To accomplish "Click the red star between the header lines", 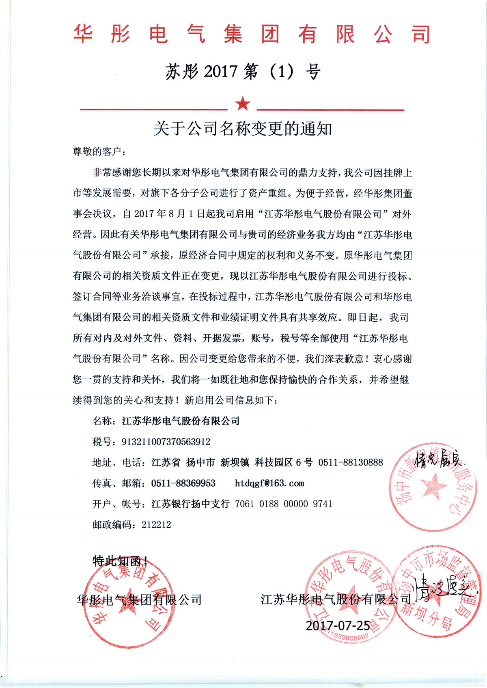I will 243,104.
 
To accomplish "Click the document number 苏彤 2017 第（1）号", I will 243,72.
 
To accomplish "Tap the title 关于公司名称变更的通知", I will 243,129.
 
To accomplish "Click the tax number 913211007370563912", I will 166,442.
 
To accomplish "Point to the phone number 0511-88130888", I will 350,462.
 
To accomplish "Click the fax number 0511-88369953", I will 183,483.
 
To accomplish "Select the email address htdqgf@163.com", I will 269,483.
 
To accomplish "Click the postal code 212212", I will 156,524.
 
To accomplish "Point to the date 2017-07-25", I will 338,625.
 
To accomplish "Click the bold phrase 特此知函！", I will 120,561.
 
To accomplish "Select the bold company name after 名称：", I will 181,421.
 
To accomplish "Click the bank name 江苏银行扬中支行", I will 190,504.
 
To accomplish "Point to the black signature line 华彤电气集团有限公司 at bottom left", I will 139,600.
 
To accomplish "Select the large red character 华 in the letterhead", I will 84,34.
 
